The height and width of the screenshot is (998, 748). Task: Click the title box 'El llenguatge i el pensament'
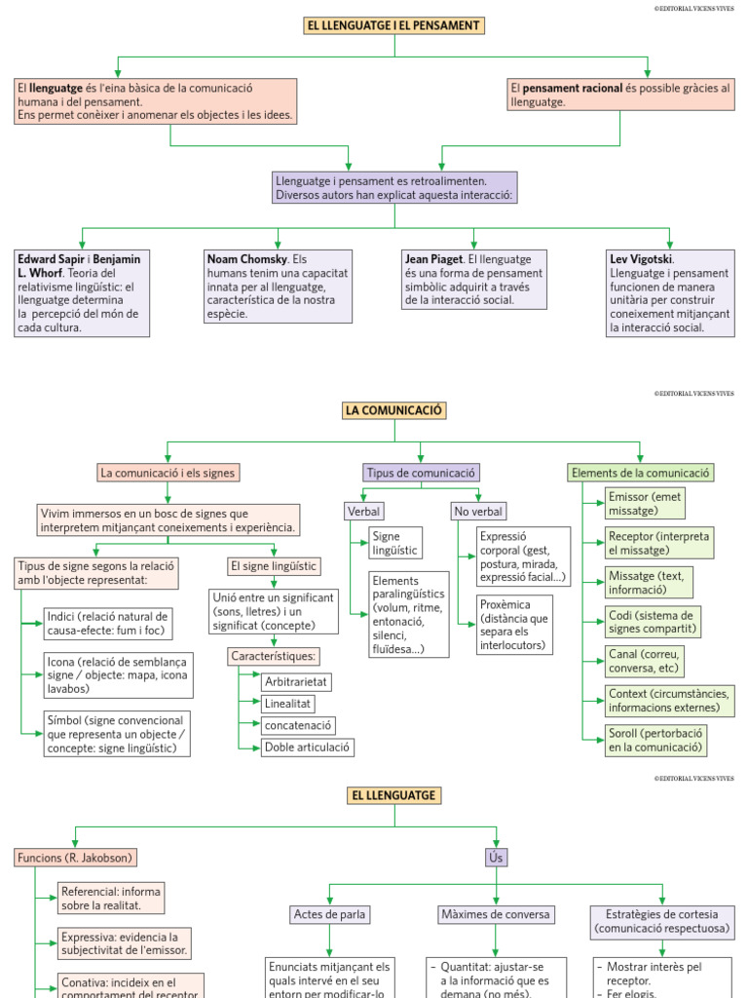tap(393, 25)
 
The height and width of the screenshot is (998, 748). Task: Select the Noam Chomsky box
tap(278, 287)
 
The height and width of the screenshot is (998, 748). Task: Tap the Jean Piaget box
tap(474, 280)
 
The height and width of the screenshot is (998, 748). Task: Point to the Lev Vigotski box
tap(671, 293)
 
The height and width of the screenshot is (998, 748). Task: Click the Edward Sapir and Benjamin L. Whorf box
tap(82, 293)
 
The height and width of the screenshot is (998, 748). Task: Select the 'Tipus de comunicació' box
tap(421, 473)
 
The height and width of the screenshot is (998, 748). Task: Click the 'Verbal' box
tap(363, 511)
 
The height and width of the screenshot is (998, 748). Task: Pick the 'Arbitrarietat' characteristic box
tap(295, 680)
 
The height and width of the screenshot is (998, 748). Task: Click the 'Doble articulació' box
tap(307, 748)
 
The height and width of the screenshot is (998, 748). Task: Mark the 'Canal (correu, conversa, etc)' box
tap(643, 661)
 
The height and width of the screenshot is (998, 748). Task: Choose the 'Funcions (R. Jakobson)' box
tap(75, 858)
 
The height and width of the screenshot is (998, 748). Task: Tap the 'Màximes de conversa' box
tap(496, 914)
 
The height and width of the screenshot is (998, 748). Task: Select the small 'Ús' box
tap(496, 858)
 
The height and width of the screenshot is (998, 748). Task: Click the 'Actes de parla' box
tap(330, 914)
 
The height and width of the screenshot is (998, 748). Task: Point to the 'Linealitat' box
tap(287, 703)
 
